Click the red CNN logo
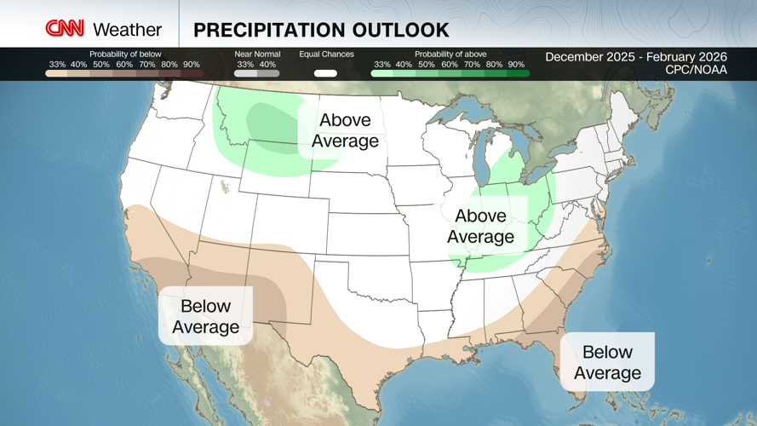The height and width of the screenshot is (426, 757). [65, 29]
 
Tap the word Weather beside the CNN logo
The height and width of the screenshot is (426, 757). [127, 30]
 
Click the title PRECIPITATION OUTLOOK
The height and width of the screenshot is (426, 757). [321, 30]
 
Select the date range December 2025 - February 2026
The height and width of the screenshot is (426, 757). [636, 57]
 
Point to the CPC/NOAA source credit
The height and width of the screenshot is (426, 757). [696, 70]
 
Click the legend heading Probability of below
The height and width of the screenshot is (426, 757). [124, 54]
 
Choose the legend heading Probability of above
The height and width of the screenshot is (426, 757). [450, 54]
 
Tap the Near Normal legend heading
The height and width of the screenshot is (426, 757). [256, 54]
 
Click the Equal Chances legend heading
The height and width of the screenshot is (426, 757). [326, 54]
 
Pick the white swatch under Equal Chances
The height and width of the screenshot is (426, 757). [325, 73]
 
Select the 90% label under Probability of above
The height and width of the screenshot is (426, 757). [516, 64]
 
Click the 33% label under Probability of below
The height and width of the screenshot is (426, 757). [57, 64]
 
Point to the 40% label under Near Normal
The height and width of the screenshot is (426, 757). [267, 64]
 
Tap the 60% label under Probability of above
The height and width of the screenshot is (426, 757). [449, 64]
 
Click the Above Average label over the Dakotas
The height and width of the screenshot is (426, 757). [345, 130]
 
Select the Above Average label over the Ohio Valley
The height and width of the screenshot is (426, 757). [480, 227]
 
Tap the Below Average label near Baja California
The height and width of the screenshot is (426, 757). [205, 316]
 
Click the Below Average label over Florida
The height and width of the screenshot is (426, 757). [607, 362]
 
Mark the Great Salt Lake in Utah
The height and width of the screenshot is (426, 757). [226, 186]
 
